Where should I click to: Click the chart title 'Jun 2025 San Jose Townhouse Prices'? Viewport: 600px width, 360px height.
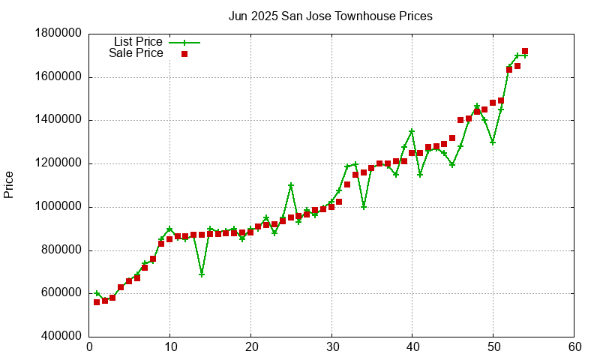pos(330,16)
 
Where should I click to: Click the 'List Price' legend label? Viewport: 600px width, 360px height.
pos(138,42)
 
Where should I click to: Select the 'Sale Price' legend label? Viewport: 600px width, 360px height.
pos(136,53)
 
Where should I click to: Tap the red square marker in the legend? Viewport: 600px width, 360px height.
pos(184,54)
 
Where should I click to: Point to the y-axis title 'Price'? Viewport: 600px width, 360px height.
pos(9,184)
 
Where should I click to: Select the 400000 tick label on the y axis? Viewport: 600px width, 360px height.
pos(58,337)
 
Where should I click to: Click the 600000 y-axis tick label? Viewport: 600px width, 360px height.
pos(58,294)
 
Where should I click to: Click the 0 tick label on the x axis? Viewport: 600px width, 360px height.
pos(89,347)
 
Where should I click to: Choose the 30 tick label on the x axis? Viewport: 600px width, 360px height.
pos(331,347)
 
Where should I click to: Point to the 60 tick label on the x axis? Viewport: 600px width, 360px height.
pos(574,347)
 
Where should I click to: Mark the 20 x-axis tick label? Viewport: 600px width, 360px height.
pos(250,347)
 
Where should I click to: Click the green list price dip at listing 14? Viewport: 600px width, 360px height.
pos(202,274)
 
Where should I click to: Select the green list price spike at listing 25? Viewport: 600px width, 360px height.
pos(291,185)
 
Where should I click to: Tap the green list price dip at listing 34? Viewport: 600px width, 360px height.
pos(364,207)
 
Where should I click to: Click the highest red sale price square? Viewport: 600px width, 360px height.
pos(525,51)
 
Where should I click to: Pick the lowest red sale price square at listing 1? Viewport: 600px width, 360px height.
pos(97,302)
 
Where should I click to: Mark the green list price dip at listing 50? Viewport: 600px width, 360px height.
pos(493,142)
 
